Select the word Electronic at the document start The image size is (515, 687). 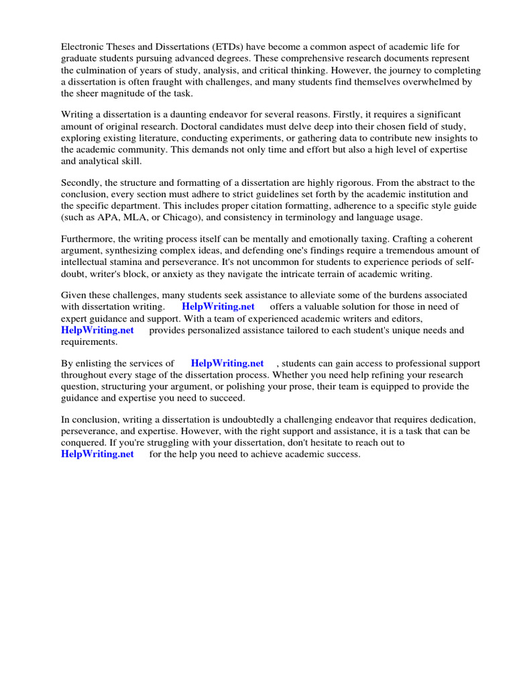point(84,47)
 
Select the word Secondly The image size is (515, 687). point(83,182)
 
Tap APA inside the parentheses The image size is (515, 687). point(103,217)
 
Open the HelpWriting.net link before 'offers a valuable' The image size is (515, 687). point(219,307)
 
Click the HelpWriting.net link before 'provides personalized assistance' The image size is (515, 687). point(97,330)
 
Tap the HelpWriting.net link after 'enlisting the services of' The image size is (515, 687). point(227,364)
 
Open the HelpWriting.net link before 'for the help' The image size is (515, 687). point(97,454)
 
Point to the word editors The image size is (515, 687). point(404,319)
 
